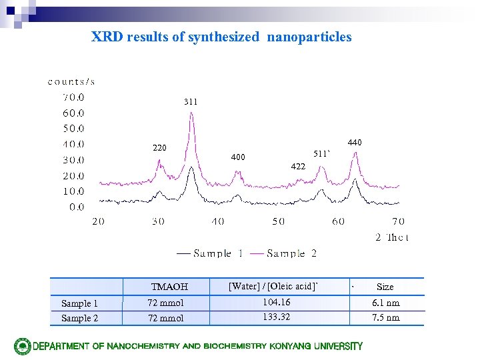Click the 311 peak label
tap(191, 102)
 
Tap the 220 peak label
tap(159, 148)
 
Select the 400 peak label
tap(238, 157)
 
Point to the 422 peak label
tap(297, 167)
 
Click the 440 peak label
tap(355, 143)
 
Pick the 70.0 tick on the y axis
tap(73, 97)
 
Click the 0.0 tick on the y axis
tap(77, 207)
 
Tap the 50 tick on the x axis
tap(278, 221)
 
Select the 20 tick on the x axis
tap(98, 221)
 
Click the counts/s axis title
tap(71, 82)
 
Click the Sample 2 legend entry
tap(291, 253)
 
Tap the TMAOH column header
tap(169, 287)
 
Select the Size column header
tap(385, 287)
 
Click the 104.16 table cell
tap(276, 303)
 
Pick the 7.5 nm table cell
tap(385, 318)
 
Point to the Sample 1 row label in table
tap(79, 303)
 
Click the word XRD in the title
tap(107, 37)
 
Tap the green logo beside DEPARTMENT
tap(23, 346)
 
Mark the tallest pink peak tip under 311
tap(192, 113)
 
